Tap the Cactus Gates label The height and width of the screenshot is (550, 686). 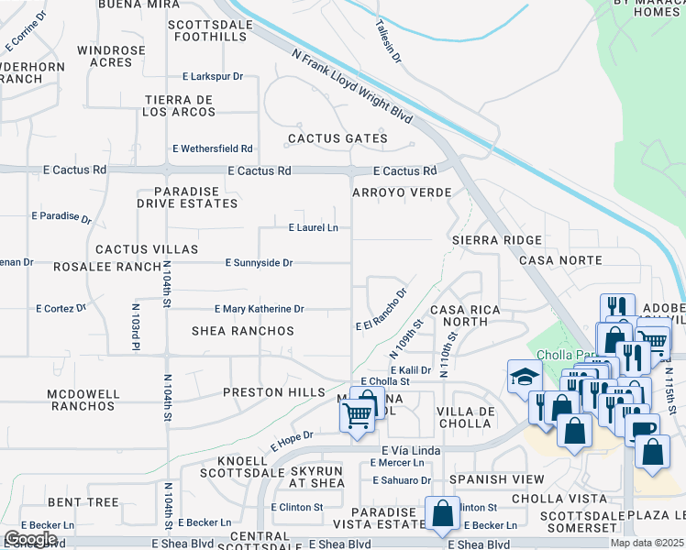coord(337,138)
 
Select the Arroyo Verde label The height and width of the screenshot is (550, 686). coord(402,192)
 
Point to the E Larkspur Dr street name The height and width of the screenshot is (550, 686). coord(212,77)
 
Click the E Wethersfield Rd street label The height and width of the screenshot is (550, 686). coord(212,148)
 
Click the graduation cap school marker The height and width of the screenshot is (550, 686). coord(525,377)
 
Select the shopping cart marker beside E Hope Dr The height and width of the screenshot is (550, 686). coord(356,417)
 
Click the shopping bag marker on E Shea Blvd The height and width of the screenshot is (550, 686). coord(442,513)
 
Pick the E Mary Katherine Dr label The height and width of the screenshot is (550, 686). coord(258,310)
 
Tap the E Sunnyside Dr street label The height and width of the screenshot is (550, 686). coord(259,263)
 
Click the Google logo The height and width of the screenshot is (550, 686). coord(30,538)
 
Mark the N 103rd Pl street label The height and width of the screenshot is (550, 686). coord(135,327)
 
